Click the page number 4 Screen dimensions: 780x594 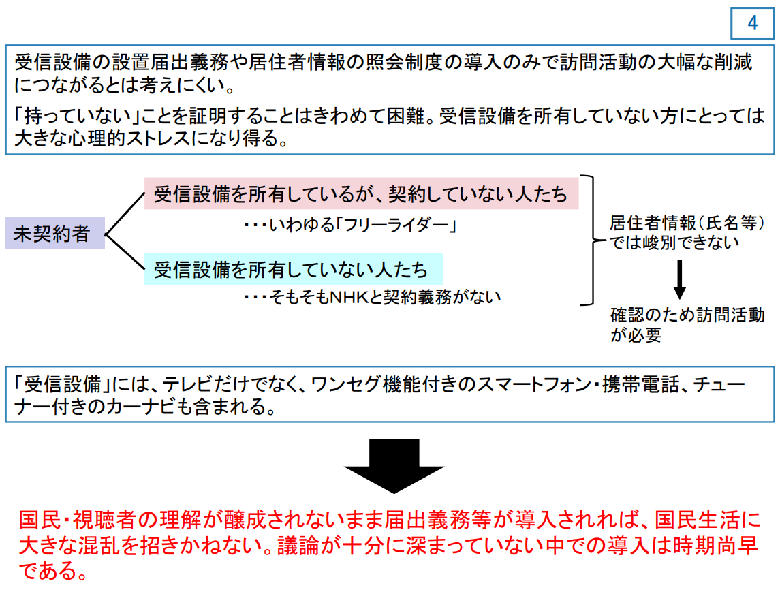(753, 23)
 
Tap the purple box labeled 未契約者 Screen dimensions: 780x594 (54, 234)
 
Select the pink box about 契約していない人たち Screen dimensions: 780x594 (361, 193)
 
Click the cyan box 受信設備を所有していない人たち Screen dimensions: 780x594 (294, 270)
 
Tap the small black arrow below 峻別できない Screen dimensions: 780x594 (679, 279)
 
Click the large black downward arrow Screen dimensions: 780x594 (394, 466)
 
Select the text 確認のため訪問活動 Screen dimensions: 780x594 (687, 315)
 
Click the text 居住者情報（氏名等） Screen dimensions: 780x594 (687, 223)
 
